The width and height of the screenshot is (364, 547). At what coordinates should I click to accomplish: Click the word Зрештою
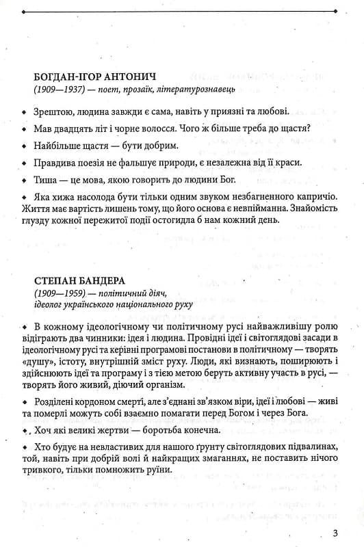coord(53,111)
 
